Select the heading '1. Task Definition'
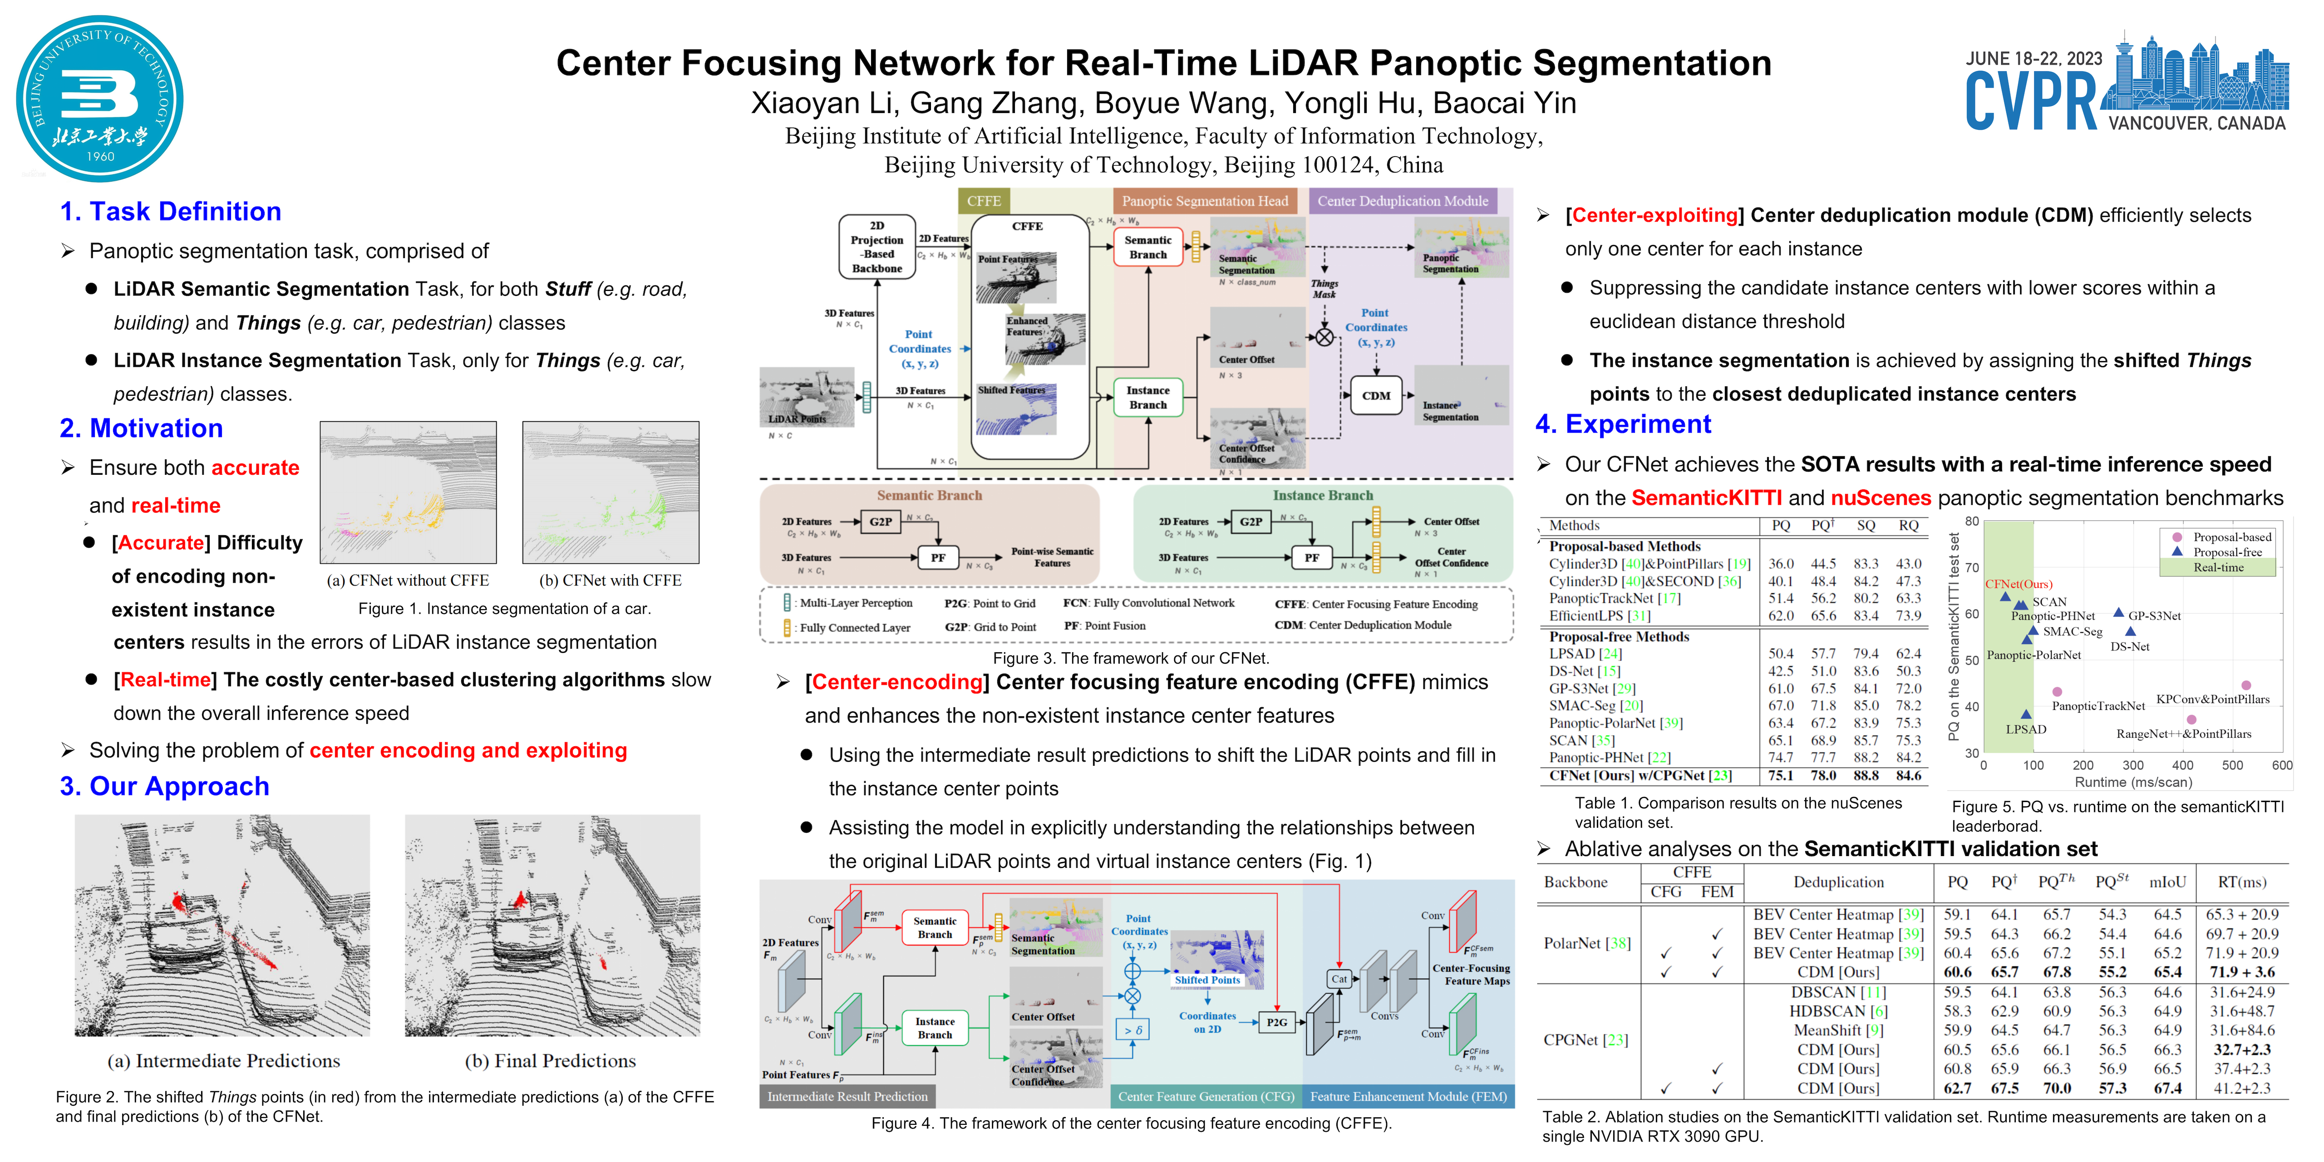[171, 212]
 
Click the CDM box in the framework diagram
[1376, 396]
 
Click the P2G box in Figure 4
[1276, 1022]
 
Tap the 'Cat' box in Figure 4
[1339, 979]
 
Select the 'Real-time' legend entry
[2218, 567]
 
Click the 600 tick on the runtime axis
[2282, 765]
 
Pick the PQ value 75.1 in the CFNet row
[1780, 776]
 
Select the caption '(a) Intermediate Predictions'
[224, 1061]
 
